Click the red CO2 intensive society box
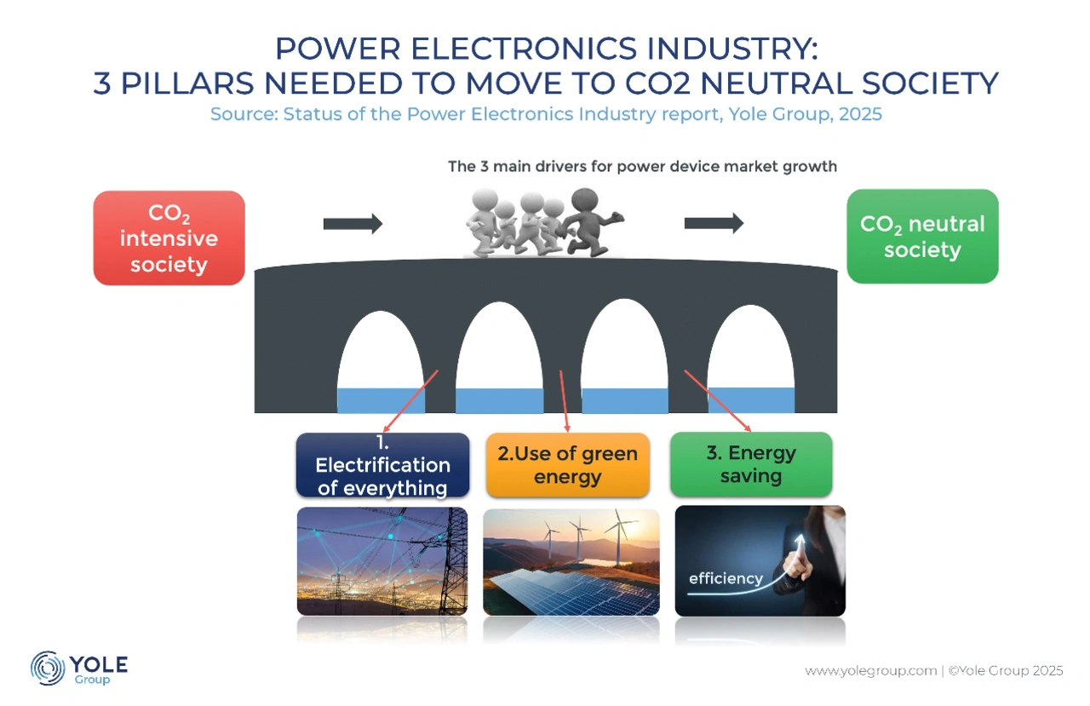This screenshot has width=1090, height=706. tap(169, 238)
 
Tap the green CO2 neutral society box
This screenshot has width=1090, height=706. tap(922, 237)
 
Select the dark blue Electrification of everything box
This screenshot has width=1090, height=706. tap(383, 465)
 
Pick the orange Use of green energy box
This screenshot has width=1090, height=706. tap(568, 465)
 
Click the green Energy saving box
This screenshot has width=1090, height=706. tap(751, 464)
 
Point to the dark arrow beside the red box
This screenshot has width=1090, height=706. tap(353, 224)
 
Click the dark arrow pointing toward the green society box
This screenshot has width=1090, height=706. tap(714, 223)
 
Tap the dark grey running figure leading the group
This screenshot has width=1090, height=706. tap(591, 222)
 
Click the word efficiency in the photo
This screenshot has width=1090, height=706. tap(726, 578)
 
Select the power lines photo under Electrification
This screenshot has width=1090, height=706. tap(382, 561)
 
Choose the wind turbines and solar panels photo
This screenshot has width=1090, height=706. tap(571, 562)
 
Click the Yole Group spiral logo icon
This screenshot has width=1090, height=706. tap(47, 668)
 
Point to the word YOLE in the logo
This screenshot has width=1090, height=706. tap(99, 664)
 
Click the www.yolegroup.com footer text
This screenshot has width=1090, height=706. tap(871, 671)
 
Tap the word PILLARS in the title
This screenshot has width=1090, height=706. tap(187, 83)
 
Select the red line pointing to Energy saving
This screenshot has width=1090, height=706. tap(718, 401)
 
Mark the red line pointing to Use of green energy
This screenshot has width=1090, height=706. tap(565, 401)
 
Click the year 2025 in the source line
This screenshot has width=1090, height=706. tap(860, 114)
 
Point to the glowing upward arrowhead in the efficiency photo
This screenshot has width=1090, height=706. tap(800, 539)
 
